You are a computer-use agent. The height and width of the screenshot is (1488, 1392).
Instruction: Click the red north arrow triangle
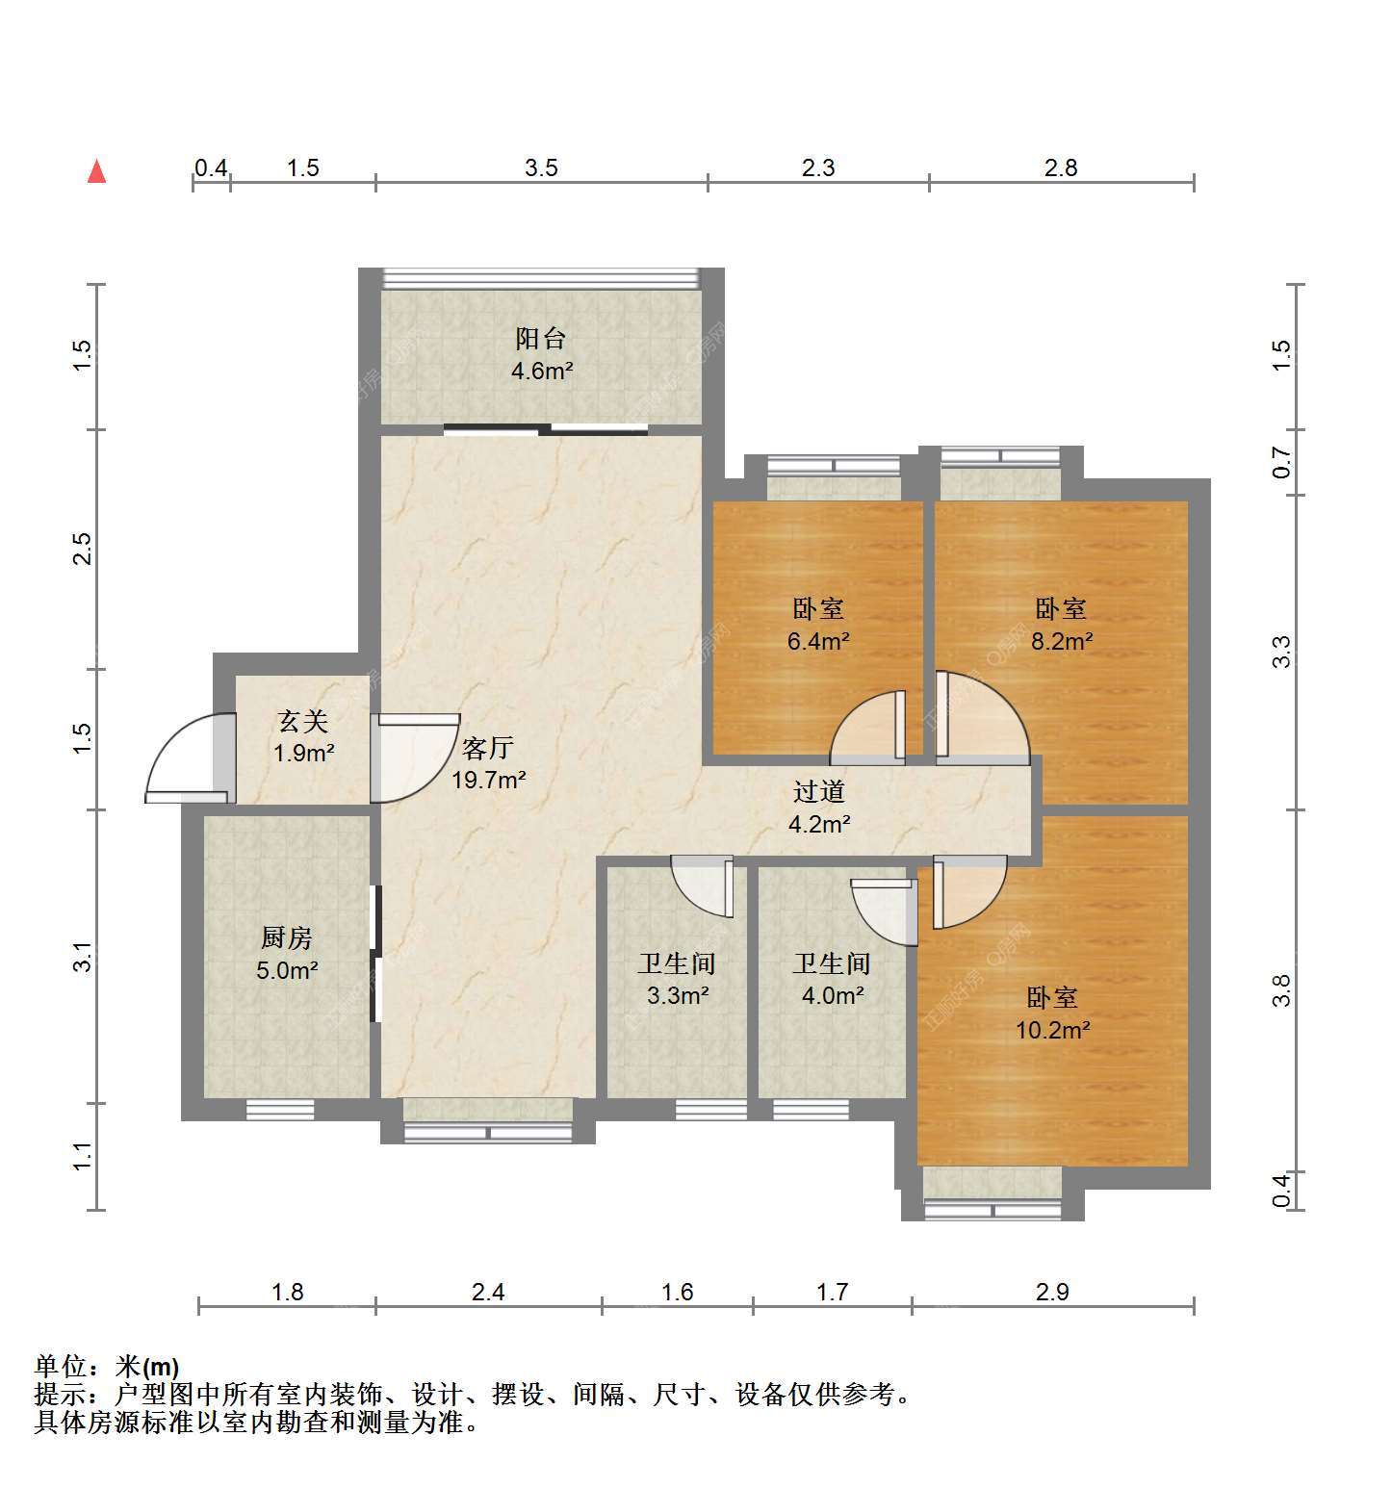tap(96, 171)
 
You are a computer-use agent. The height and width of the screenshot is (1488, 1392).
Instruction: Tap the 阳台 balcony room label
tap(541, 338)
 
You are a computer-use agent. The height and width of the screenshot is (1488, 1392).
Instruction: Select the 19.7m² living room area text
tap(489, 780)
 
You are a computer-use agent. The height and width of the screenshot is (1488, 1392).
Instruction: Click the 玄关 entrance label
tap(303, 720)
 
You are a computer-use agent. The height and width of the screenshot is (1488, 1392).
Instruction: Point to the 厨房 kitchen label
tap(287, 937)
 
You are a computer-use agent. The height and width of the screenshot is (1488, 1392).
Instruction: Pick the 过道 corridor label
tap(819, 791)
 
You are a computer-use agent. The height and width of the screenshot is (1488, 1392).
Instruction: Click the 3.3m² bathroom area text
tap(678, 995)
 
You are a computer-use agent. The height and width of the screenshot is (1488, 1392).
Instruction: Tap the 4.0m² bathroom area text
tap(833, 995)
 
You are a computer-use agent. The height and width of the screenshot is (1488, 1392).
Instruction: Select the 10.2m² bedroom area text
tap(1053, 1030)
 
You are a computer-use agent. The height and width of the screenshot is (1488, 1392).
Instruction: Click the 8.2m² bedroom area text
tap(1062, 641)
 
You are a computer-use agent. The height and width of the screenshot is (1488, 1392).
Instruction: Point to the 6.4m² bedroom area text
tap(818, 641)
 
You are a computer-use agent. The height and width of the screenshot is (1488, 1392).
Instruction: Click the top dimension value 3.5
tap(541, 168)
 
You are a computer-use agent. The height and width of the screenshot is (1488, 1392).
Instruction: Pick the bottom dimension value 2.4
tap(488, 1292)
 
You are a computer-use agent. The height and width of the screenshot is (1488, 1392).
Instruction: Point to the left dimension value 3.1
tap(83, 957)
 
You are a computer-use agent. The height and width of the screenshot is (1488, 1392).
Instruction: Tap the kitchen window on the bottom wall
tap(280, 1110)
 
